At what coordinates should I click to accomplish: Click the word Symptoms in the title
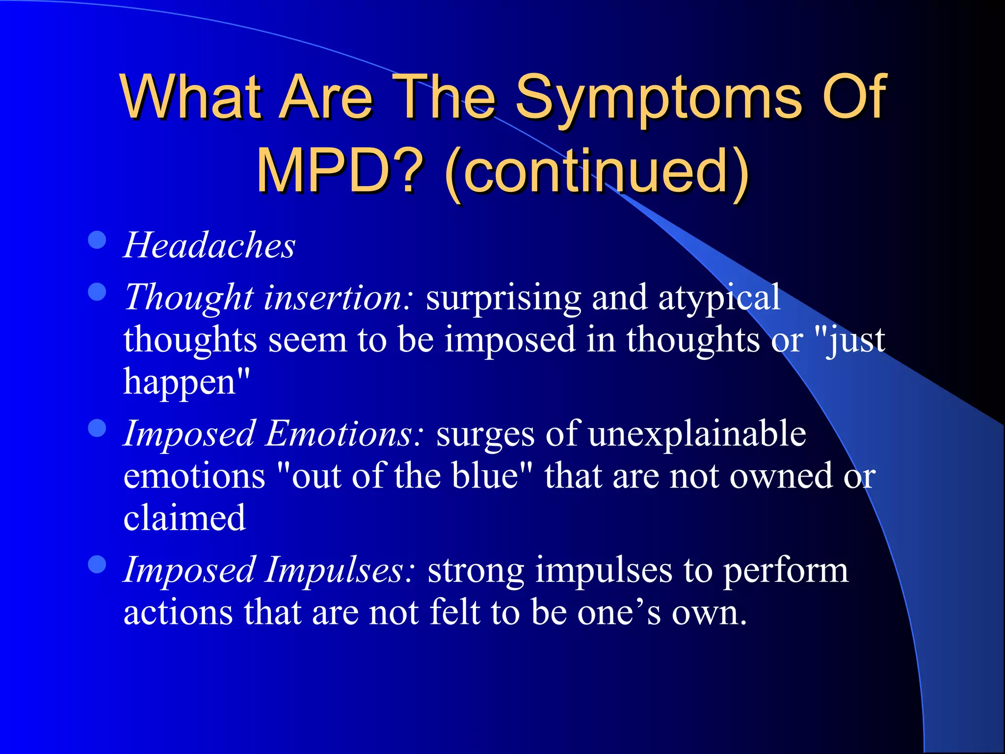(658, 98)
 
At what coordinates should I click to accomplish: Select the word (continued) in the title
(596, 172)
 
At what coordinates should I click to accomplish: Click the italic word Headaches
(209, 245)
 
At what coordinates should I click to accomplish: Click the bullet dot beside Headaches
(97, 240)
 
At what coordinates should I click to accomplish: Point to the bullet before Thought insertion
(97, 292)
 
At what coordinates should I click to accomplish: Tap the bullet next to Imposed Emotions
(97, 428)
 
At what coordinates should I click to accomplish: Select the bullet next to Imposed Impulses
(97, 565)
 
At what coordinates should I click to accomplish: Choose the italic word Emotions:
(344, 434)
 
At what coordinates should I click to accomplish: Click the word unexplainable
(697, 434)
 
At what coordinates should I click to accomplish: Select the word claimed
(185, 518)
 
